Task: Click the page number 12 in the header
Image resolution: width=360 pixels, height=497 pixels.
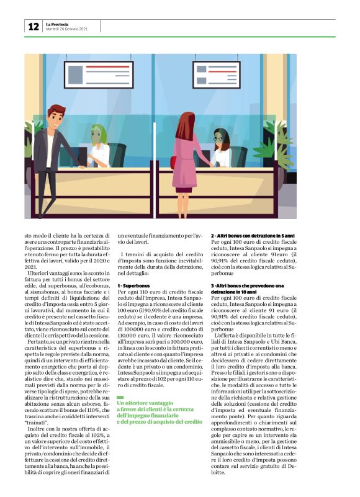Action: pyautogui.click(x=33, y=27)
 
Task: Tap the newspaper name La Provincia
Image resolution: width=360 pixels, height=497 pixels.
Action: pyautogui.click(x=59, y=24)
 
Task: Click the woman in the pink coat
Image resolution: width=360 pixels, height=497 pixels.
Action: pyautogui.click(x=185, y=158)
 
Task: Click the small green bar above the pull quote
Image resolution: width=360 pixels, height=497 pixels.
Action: pyautogui.click(x=121, y=380)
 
